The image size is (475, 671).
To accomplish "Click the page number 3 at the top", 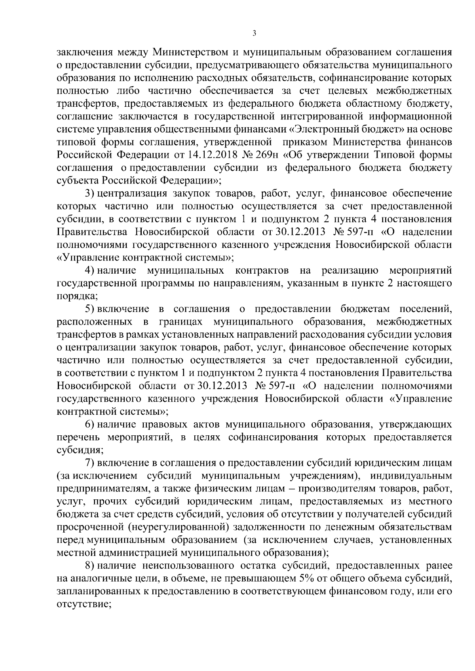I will (254, 34).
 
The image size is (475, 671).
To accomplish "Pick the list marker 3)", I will (89, 193).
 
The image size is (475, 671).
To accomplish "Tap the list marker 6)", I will (89, 424).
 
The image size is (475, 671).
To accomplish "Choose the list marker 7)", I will (89, 463).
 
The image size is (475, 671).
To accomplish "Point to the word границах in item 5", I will (182, 322).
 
